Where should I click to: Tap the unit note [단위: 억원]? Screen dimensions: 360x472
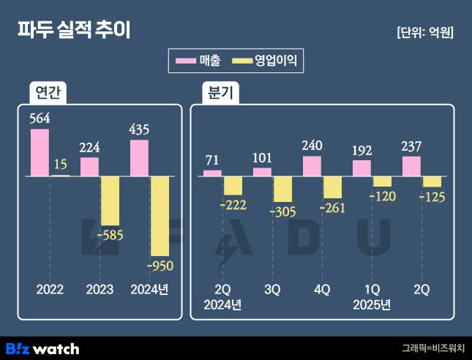(424, 32)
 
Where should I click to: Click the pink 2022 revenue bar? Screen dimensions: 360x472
(40, 152)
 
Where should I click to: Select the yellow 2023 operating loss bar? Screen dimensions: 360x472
(110, 200)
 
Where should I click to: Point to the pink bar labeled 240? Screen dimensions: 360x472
(312, 166)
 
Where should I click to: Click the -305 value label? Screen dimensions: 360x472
(282, 211)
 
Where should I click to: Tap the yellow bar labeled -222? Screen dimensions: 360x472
(233, 185)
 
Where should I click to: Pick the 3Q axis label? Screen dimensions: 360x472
(271, 290)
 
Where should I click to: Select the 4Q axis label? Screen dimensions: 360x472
(321, 290)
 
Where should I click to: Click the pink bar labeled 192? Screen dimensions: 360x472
(362, 168)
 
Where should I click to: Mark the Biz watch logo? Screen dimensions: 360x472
(42, 348)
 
